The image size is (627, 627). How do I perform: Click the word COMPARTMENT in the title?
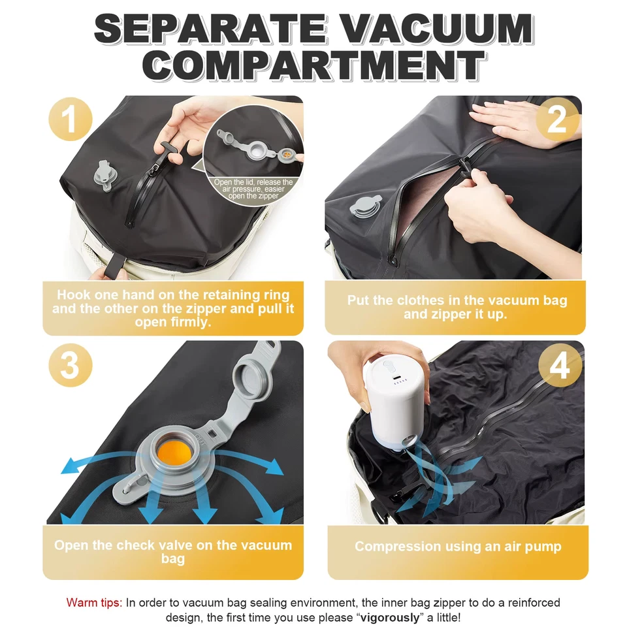pos(313,65)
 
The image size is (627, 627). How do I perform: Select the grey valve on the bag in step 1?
pos(104,175)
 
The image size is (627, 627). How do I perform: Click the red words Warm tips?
pos(94,602)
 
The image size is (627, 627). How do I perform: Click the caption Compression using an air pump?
pos(457,546)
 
